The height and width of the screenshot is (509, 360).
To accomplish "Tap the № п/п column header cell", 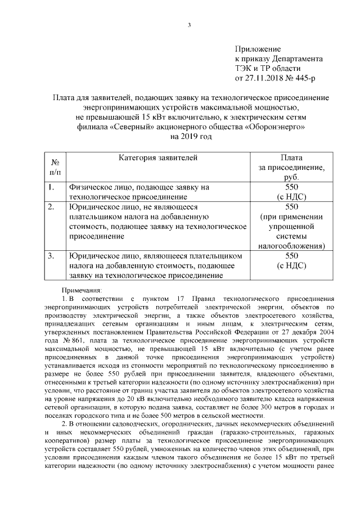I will (55, 167).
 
